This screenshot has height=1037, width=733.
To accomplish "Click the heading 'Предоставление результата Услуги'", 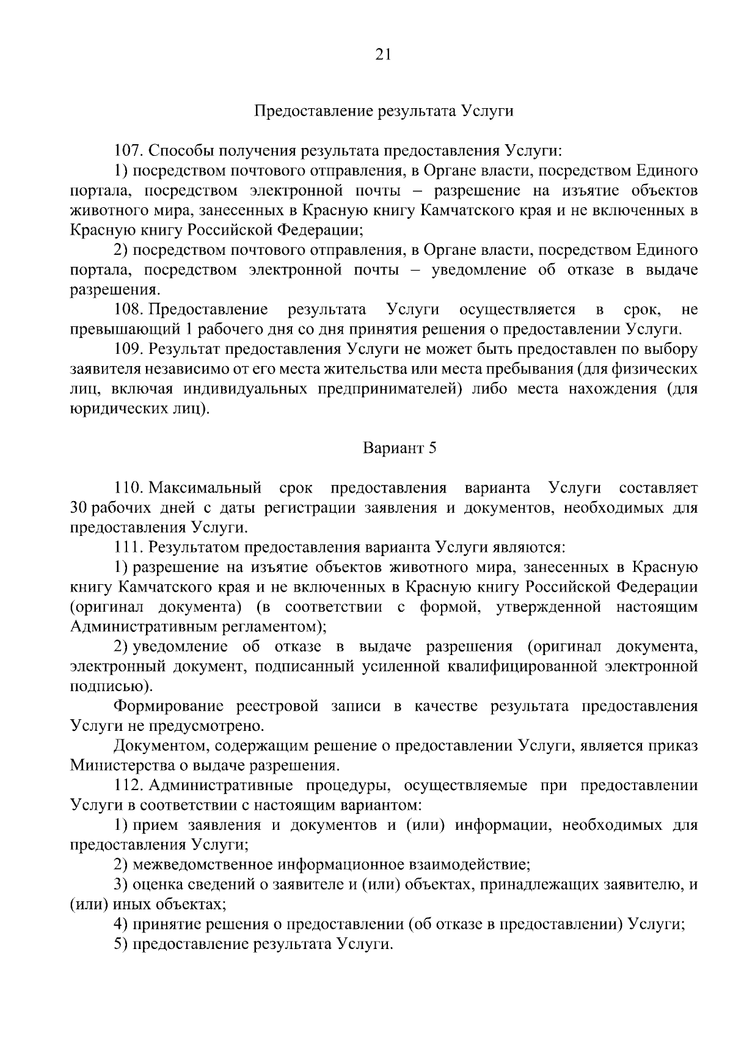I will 384,111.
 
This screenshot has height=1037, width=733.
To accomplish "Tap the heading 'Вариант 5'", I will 399,448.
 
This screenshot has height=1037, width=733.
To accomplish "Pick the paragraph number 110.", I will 128,488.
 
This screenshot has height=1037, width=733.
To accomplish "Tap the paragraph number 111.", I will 128,548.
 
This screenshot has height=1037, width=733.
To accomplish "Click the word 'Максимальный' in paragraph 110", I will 205,488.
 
